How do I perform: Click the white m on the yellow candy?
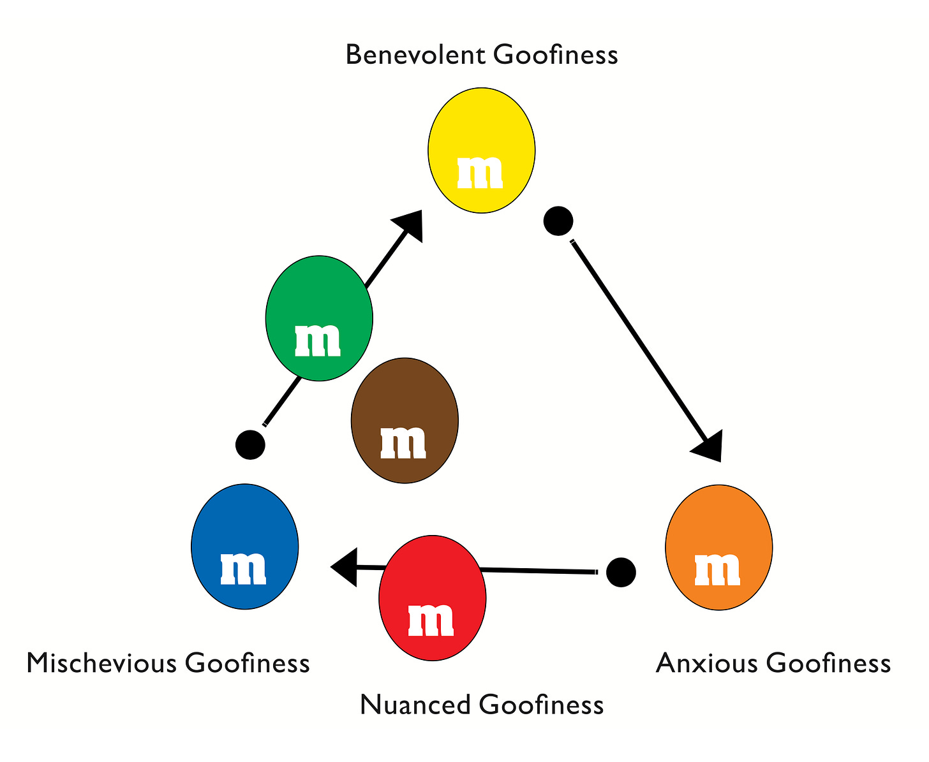480,172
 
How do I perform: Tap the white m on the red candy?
431,619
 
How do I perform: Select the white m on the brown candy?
403,442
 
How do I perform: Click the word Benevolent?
415,55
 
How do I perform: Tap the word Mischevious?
101,664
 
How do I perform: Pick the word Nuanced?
415,705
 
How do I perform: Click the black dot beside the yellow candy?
558,221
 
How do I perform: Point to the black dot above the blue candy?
249,444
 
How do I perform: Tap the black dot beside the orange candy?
621,572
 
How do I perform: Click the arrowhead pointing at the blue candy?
345,566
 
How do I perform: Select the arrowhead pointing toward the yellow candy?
410,225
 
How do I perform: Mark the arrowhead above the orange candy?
708,446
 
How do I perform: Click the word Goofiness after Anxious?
828,664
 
